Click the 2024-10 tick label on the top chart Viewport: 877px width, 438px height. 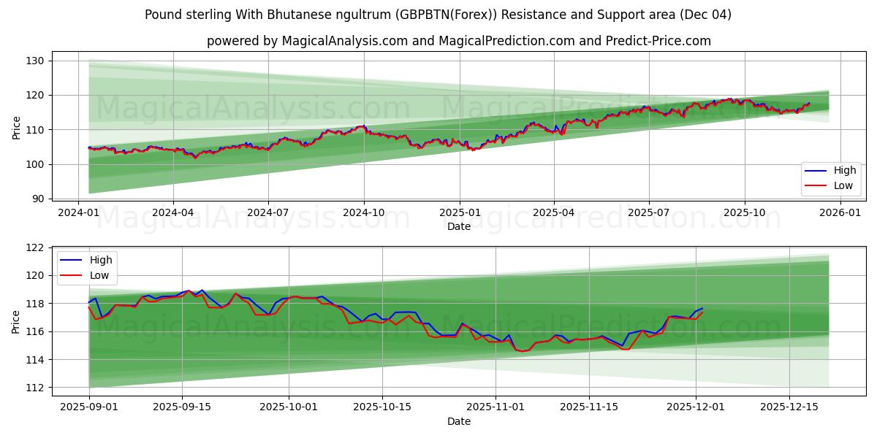tap(364, 212)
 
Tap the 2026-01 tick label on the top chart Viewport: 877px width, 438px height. tap(840, 212)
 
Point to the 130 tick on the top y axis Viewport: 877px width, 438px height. tap(34, 61)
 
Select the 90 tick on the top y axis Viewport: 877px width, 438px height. tap(37, 199)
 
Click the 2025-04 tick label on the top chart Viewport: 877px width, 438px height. tap(553, 212)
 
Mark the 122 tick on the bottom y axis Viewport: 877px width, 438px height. tap(34, 248)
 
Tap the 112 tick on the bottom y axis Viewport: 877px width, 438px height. tap(34, 388)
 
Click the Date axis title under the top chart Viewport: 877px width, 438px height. tap(458, 226)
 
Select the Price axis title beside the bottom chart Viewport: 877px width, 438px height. tap(16, 318)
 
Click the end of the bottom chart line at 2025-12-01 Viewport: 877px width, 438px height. tap(702, 310)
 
